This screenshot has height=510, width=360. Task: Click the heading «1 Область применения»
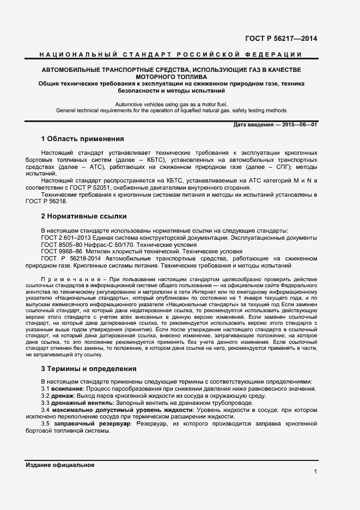click(83, 139)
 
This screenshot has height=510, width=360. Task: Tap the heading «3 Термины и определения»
click(89, 369)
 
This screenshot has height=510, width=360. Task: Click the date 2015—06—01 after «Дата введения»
click(298, 125)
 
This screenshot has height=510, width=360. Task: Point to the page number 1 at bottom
click(315, 471)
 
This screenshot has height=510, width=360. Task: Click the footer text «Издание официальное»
click(60, 465)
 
